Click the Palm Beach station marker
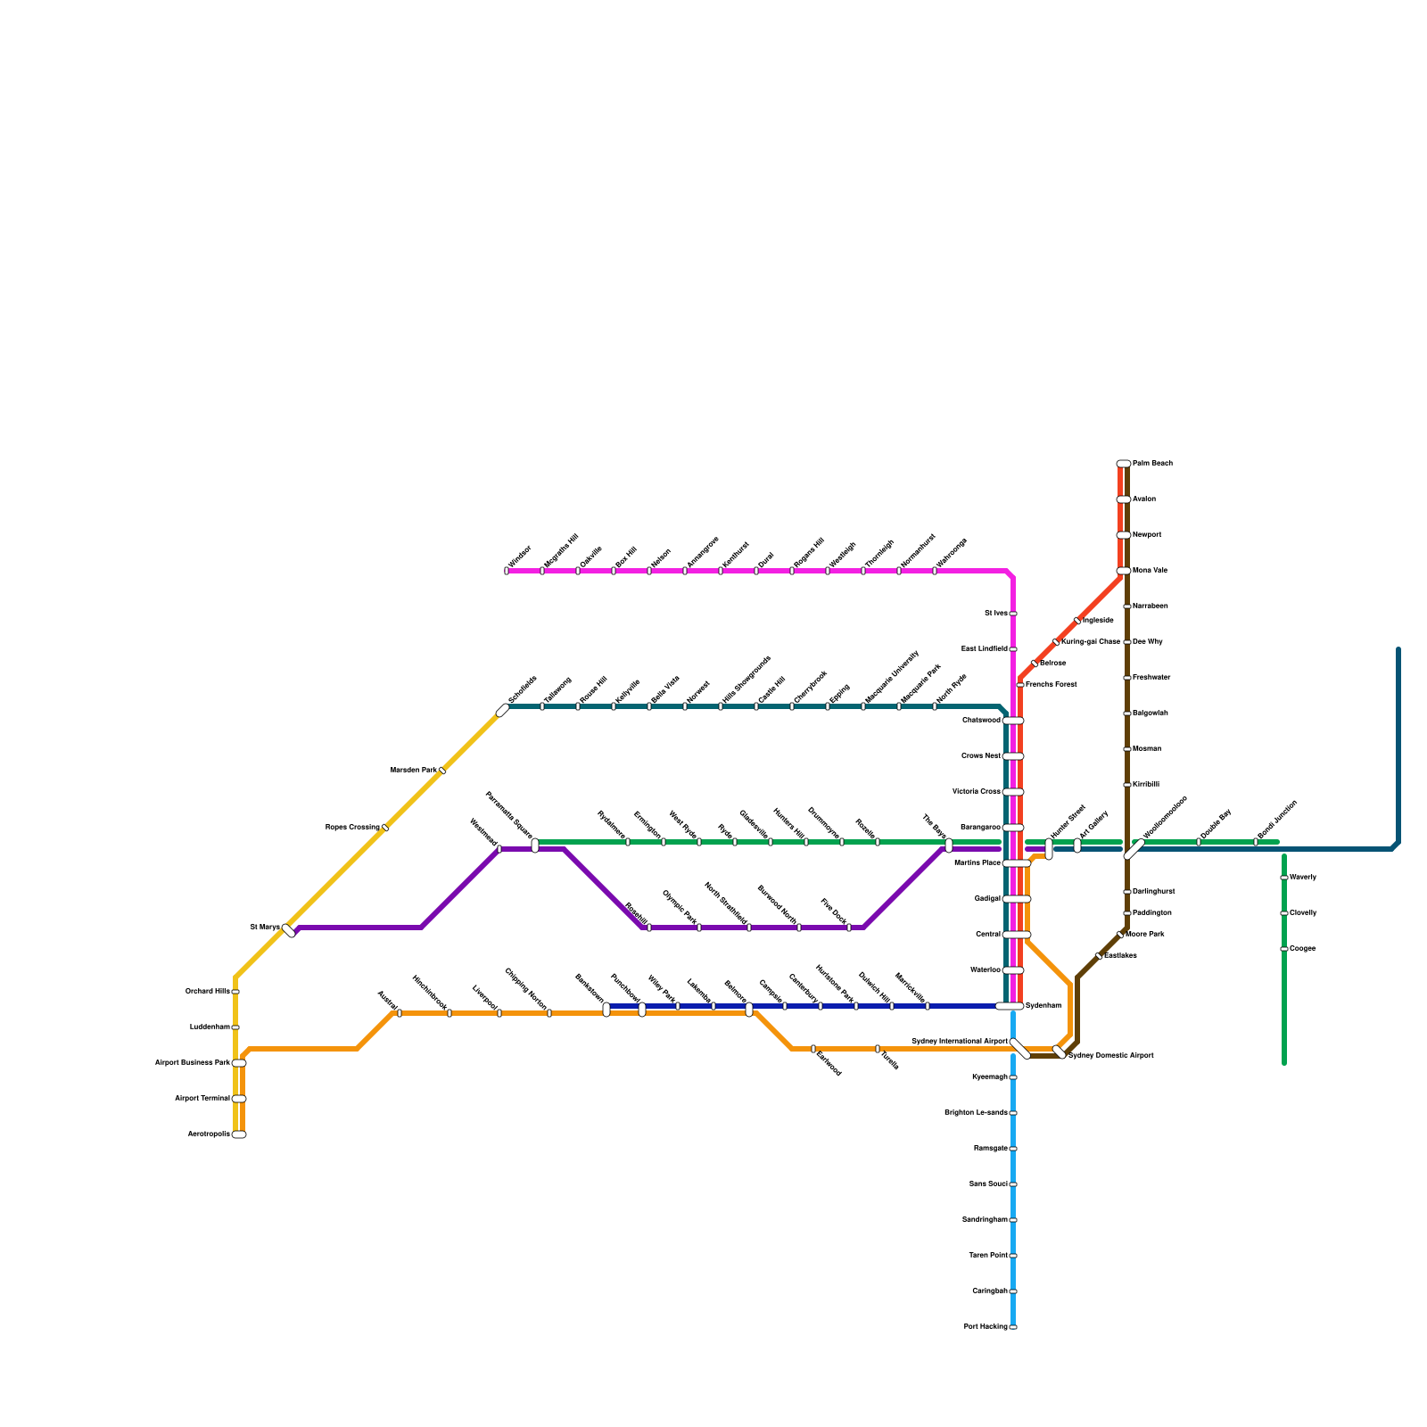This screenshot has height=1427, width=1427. click(1124, 464)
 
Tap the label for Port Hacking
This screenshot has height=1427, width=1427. click(986, 1327)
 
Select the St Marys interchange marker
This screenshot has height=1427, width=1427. click(288, 931)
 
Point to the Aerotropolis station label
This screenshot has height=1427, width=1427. click(209, 1134)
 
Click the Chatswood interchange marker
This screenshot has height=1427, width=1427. click(1013, 721)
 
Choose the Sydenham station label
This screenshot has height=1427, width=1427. click(1043, 1006)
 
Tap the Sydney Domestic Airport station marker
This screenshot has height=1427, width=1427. click(1060, 1052)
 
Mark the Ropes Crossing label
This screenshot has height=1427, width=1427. click(352, 828)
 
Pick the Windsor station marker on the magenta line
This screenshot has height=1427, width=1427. click(507, 571)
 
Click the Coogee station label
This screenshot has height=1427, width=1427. click(1302, 949)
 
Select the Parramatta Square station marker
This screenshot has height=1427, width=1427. click(535, 845)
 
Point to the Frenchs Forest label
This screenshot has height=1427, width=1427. click(1051, 685)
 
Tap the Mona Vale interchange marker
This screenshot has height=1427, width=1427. click(1124, 571)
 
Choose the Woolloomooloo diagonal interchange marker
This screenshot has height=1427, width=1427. click(1134, 849)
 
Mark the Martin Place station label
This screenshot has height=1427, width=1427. click(977, 863)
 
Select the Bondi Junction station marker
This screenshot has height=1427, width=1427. click(1256, 842)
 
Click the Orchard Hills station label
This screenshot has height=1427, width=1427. click(207, 992)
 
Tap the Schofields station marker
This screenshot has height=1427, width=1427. click(503, 710)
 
